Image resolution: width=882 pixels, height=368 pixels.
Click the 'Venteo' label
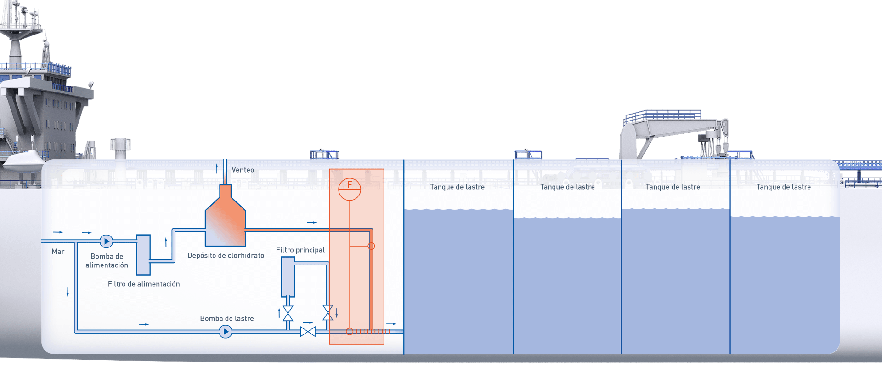point(243,170)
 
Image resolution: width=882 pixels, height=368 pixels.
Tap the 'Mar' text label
point(58,251)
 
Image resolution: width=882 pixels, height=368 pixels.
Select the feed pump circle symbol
point(106,241)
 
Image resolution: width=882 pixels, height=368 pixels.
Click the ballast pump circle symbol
point(225,331)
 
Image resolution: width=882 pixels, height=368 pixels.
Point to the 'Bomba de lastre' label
point(227,318)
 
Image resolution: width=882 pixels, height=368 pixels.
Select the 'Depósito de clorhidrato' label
point(226,255)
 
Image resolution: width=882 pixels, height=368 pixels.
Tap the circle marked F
point(350,189)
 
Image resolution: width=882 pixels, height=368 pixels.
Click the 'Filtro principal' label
point(300,250)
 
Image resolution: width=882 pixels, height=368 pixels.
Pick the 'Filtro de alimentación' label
point(144,284)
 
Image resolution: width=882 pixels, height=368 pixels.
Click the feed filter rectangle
point(143,255)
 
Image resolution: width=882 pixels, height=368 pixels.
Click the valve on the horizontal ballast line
point(308,331)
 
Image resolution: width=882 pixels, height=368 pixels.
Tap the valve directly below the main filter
point(288,313)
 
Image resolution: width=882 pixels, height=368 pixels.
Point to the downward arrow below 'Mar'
point(68,292)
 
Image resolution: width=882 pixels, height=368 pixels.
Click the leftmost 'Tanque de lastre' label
point(457,187)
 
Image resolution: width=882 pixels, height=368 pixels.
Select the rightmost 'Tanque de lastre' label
point(783,187)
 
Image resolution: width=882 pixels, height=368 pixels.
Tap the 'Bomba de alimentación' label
point(107,260)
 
